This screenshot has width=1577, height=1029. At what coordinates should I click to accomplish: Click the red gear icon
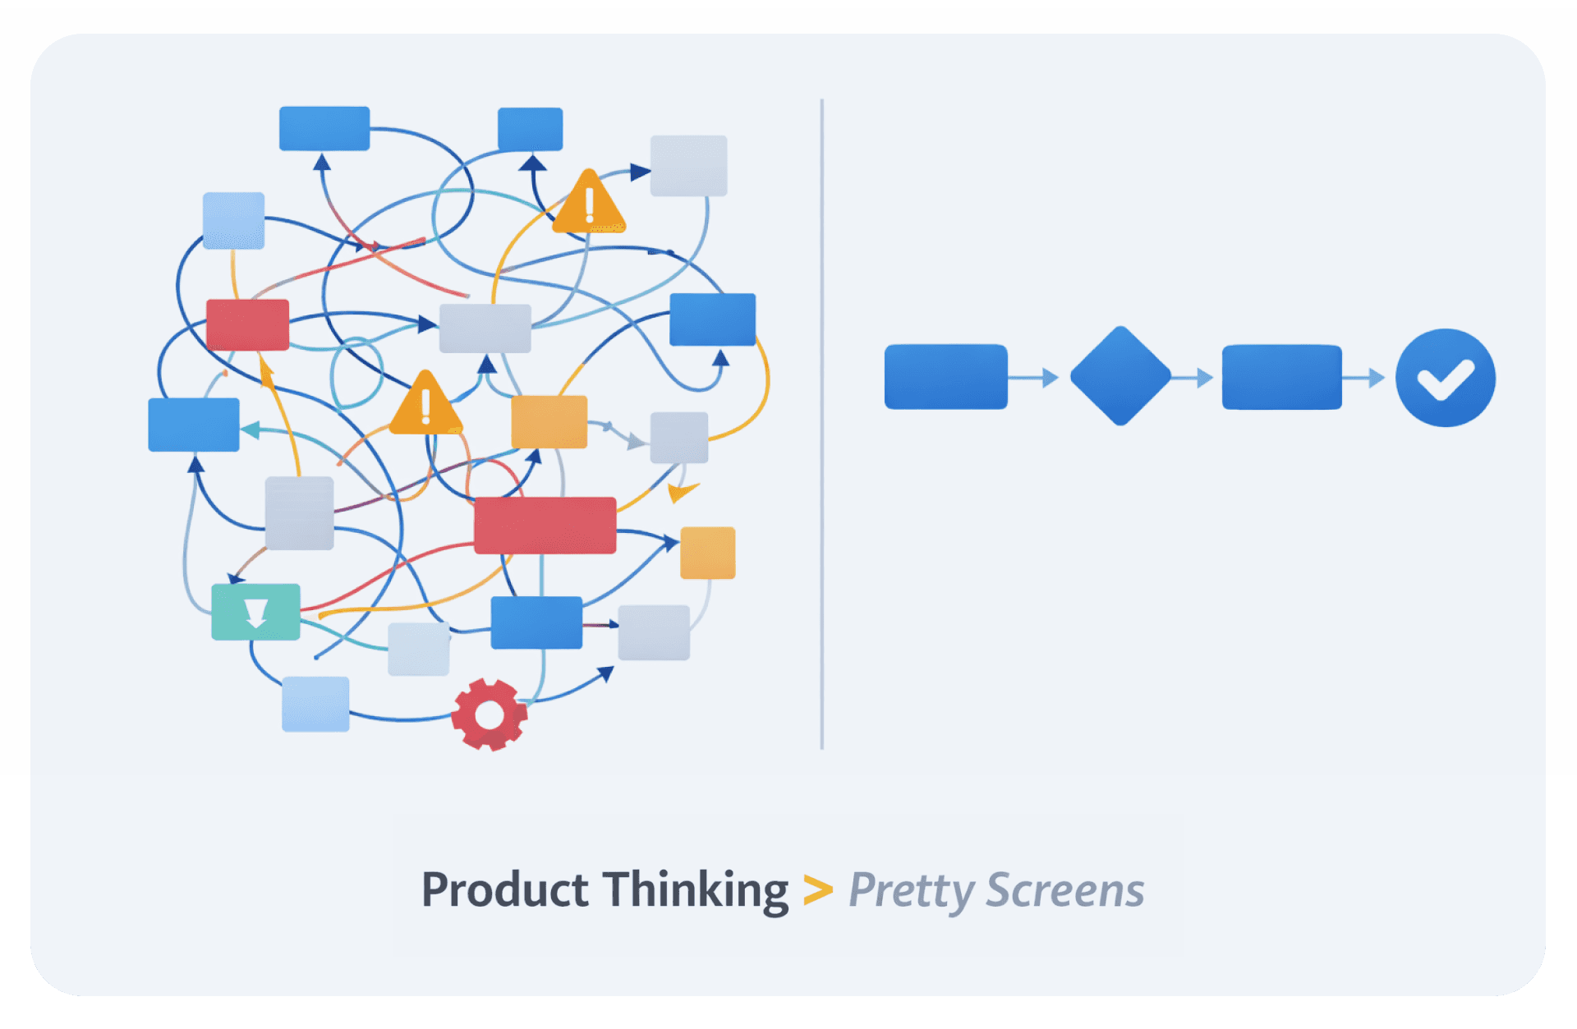(490, 714)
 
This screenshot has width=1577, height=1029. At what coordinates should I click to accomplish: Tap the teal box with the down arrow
(255, 612)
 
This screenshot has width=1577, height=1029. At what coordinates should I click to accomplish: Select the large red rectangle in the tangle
(545, 526)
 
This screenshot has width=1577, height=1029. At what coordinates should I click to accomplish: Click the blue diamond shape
(1120, 376)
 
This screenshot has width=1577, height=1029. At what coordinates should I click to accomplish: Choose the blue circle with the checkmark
(1446, 378)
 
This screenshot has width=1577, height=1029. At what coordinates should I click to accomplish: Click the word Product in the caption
(504, 889)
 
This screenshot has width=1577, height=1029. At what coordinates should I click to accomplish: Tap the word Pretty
(911, 891)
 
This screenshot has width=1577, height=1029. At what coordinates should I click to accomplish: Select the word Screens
(1065, 890)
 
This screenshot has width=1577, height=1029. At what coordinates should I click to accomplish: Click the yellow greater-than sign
(817, 890)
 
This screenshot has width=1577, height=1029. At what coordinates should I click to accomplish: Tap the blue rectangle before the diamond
(945, 377)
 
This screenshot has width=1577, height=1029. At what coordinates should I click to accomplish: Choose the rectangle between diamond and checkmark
(1281, 377)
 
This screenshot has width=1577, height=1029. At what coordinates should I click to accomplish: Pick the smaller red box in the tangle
(247, 325)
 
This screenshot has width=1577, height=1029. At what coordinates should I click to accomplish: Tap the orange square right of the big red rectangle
(707, 553)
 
